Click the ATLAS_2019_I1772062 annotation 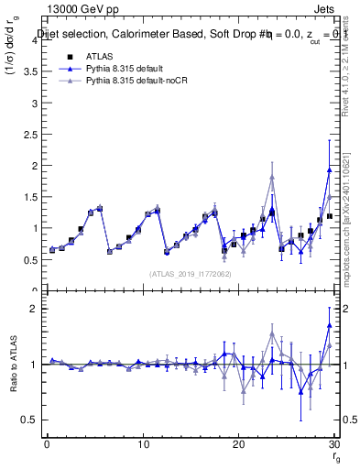190,274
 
